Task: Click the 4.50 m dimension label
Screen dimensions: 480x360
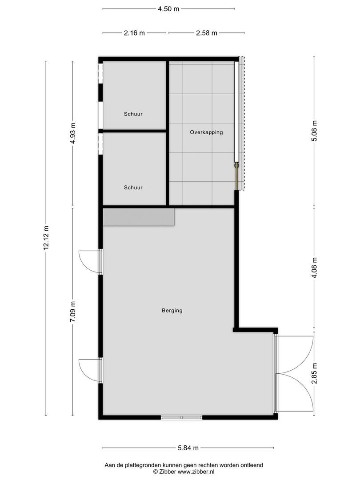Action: coord(168,9)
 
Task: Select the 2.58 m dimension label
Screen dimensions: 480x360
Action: coord(206,33)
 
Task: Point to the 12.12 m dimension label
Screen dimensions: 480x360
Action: coord(46,238)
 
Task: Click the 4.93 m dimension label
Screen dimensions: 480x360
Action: coord(74,133)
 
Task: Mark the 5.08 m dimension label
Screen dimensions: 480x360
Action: coord(314,132)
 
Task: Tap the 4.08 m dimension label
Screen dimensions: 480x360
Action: coord(314,268)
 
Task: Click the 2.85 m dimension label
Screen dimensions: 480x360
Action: coord(314,374)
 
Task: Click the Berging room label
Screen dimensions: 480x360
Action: coord(172,311)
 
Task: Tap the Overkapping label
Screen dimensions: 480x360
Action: coord(206,132)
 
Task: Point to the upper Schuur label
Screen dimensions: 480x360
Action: coord(133,114)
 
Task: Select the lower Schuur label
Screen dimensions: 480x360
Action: coord(133,188)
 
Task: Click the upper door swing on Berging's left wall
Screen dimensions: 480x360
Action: coord(89,262)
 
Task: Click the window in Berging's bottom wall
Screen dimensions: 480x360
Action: coord(181,417)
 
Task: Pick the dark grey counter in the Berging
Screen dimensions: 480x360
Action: coord(138,218)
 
